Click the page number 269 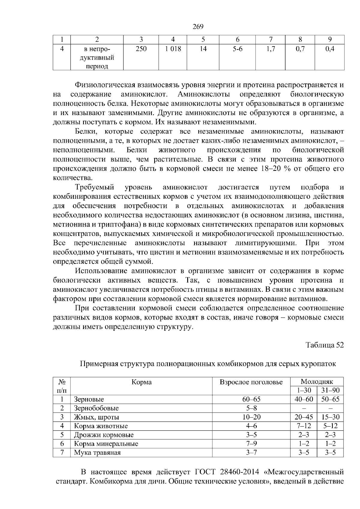(198, 27)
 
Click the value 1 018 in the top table (173, 49)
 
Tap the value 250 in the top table (141, 49)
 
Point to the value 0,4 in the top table (329, 49)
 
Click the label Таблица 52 (324, 345)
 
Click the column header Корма (142, 382)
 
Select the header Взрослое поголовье (251, 382)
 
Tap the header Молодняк (317, 382)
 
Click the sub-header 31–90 (330, 390)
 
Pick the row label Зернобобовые (96, 408)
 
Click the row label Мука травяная (97, 453)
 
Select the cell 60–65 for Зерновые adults (251, 399)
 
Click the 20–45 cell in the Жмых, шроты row (304, 417)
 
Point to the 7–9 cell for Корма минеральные (251, 444)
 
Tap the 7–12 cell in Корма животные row (304, 426)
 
